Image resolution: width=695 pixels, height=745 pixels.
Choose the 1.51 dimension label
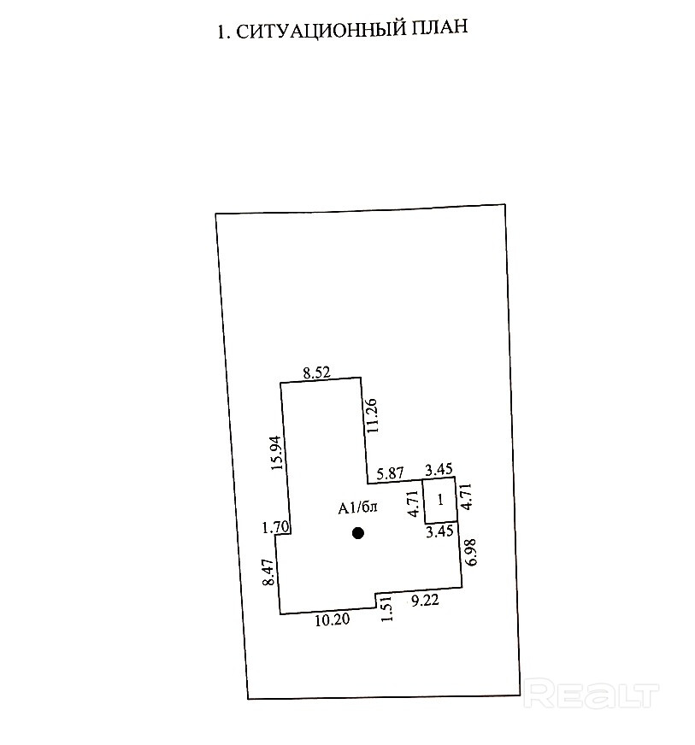click(386, 609)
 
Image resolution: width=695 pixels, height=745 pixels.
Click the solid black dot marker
click(358, 533)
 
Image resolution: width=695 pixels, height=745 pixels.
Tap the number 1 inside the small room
click(440, 500)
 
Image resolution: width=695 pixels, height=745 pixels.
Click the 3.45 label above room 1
click(440, 469)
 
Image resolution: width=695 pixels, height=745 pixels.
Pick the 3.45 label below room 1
click(440, 531)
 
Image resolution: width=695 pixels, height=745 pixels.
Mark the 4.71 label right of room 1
click(467, 496)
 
